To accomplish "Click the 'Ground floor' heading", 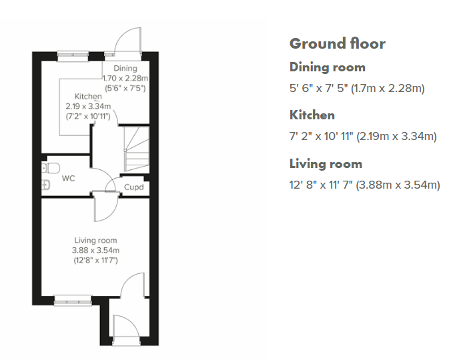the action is [337, 43].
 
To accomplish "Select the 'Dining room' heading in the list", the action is [328, 67].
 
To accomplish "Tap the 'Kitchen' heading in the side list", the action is [312, 115].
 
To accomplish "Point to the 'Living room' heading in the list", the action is [326, 164].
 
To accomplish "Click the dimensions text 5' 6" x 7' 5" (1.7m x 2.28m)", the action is [357, 88].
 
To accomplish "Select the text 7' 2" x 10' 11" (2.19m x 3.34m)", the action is [363, 136].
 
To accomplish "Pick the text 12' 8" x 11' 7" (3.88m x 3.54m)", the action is [364, 185].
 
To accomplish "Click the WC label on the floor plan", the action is [68, 178].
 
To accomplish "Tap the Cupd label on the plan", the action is [134, 187].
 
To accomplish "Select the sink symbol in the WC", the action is [45, 185].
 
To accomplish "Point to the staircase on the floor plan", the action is [137, 149].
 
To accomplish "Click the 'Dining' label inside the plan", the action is [125, 69].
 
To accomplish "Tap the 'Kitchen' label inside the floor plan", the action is [88, 96].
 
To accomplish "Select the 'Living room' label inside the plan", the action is [95, 241].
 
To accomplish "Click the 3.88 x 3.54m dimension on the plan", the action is [95, 250].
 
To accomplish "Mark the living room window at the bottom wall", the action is [73, 301].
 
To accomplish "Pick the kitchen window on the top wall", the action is [73, 56].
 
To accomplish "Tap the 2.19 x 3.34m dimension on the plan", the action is [88, 106].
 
